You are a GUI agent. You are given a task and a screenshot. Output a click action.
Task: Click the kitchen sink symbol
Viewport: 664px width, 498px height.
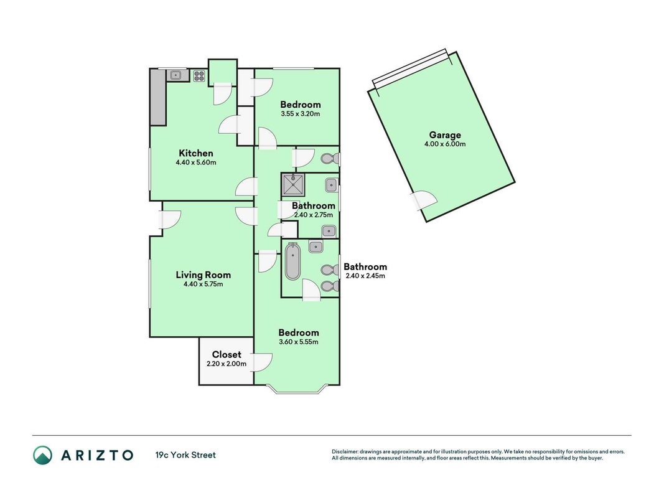(x=175, y=76)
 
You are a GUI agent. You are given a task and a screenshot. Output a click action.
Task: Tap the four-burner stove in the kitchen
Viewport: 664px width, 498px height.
(x=199, y=76)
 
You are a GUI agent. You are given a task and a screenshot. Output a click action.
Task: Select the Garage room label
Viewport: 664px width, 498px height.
(x=445, y=135)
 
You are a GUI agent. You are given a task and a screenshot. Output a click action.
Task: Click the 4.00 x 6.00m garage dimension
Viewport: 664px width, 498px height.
(x=445, y=144)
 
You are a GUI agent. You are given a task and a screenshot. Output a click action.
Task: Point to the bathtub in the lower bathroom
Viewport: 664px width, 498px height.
(x=292, y=261)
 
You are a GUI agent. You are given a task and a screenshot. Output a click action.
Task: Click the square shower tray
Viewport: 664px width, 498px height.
(x=294, y=185)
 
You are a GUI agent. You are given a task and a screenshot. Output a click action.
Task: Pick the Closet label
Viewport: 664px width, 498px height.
(x=227, y=354)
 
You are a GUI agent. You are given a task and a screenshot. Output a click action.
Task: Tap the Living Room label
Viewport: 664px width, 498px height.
(x=203, y=275)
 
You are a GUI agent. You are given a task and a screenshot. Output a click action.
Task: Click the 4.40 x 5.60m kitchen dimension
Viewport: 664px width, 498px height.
(x=196, y=162)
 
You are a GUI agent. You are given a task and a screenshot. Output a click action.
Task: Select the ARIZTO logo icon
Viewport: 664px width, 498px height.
(x=43, y=455)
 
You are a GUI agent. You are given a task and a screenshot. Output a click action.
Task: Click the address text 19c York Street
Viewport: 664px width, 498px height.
(x=185, y=455)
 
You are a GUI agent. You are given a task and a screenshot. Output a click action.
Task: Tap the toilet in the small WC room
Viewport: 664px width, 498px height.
(x=330, y=159)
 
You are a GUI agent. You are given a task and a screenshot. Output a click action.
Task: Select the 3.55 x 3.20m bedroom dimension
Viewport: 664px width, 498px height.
(x=300, y=114)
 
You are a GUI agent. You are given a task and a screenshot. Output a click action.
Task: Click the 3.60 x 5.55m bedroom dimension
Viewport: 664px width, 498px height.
(x=299, y=342)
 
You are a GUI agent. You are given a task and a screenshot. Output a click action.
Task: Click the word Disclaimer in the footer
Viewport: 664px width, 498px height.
(x=345, y=452)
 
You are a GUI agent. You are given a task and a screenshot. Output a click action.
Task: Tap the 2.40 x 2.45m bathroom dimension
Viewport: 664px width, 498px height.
(x=365, y=276)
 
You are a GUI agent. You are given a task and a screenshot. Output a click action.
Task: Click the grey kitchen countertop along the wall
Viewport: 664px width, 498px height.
(x=159, y=97)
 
